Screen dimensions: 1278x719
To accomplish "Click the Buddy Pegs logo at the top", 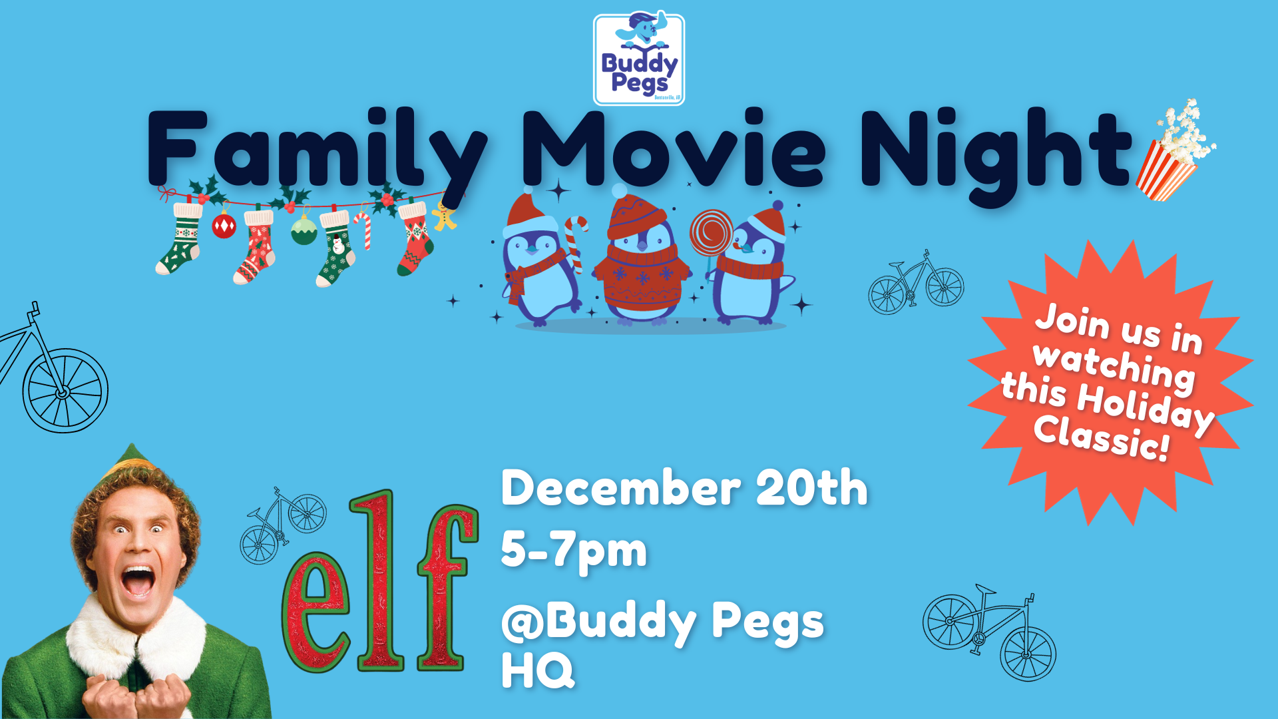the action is [x=639, y=59].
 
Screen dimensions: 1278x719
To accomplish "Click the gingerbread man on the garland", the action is [x=444, y=215].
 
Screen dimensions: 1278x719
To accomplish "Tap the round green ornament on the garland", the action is [x=304, y=230].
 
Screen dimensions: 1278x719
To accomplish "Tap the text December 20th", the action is [x=684, y=489].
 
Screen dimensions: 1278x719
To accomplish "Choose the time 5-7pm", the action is [x=574, y=551].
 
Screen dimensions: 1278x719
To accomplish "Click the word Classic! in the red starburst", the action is [x=1102, y=438].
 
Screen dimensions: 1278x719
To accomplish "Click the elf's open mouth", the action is [x=138, y=581].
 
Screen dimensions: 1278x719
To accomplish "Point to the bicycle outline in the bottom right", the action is [x=990, y=632].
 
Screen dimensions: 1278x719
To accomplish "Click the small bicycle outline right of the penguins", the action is [x=916, y=282].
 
